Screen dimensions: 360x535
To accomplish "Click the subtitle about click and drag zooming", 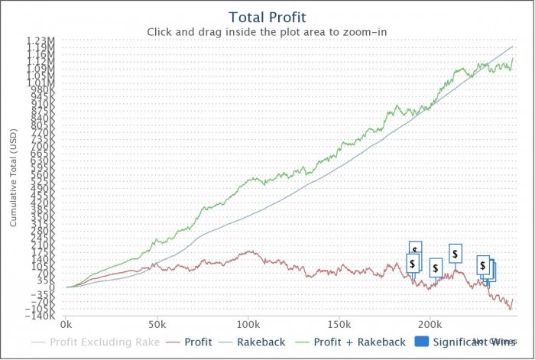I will coord(267,32).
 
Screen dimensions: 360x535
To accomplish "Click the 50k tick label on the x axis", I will coord(157,324).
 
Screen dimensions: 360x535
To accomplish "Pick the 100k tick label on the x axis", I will coord(248,324).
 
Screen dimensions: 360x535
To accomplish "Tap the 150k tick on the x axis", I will coord(339,324).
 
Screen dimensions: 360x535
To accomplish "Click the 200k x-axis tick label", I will coord(430,324).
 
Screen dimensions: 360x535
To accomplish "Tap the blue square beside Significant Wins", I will coord(421,342).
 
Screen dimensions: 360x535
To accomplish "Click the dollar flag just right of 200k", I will coord(436,268).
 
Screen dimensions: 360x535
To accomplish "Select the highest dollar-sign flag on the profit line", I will coord(416,250).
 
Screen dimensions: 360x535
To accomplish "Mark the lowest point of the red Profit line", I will coord(510,310).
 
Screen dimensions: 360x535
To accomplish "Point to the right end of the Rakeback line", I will coord(512,47).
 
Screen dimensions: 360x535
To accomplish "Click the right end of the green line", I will coord(512,59).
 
